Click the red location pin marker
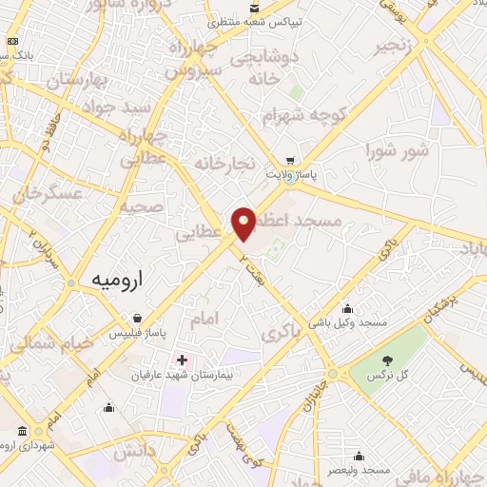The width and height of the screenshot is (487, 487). (244, 223)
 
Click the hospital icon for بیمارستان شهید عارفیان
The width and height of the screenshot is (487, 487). (181, 360)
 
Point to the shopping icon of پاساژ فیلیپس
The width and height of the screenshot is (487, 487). (138, 318)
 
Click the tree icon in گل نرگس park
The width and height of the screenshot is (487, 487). (387, 360)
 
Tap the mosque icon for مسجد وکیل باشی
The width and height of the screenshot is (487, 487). (347, 307)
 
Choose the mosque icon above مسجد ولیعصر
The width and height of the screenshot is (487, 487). (359, 456)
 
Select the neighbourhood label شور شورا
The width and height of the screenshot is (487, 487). (397, 150)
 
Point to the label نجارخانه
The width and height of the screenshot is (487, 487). (225, 164)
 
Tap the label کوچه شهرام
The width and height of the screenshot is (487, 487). (302, 116)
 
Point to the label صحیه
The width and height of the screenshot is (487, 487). (140, 206)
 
